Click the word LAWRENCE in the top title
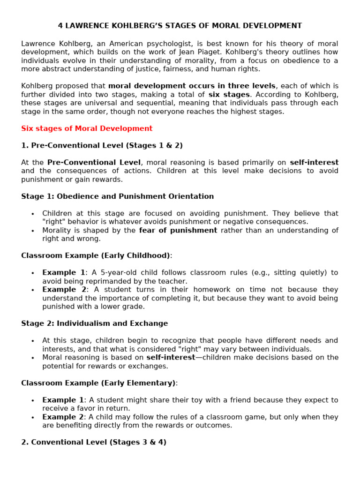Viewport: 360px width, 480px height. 84,26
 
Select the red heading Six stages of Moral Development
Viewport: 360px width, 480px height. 87,128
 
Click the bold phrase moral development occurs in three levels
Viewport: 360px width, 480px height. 192,86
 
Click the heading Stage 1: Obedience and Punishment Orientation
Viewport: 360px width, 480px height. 117,196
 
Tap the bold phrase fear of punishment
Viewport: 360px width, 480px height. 178,231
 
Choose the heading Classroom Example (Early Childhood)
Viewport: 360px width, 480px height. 96,255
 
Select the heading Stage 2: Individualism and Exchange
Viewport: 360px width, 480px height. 94,323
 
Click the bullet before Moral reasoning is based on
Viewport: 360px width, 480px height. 32,358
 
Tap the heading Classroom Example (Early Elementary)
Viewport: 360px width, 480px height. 98,383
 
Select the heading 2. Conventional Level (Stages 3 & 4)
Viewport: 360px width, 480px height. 94,442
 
